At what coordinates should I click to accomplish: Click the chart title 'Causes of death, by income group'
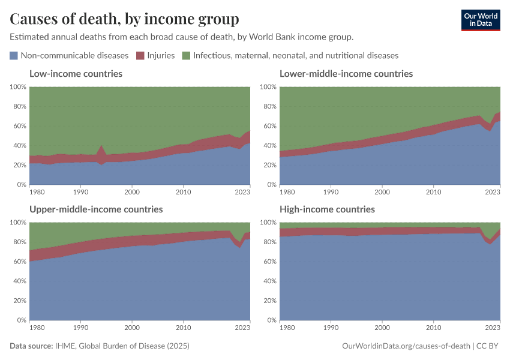pyautogui.click(x=124, y=19)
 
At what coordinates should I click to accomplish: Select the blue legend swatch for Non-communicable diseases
pyautogui.click(x=14, y=55)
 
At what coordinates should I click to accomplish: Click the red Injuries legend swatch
pyautogui.click(x=140, y=55)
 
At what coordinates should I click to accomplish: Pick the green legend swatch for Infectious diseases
pyautogui.click(x=186, y=55)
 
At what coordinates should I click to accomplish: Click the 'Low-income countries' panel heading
pyautogui.click(x=76, y=74)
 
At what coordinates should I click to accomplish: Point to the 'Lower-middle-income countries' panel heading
pyautogui.click(x=346, y=74)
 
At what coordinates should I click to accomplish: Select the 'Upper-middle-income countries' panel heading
pyautogui.click(x=96, y=209)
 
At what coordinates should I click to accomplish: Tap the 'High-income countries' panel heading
pyautogui.click(x=327, y=209)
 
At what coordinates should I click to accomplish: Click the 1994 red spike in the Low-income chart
pyautogui.click(x=101, y=150)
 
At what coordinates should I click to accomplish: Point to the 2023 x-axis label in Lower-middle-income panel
pyautogui.click(x=491, y=192)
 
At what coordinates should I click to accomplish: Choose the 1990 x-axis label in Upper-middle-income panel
pyautogui.click(x=80, y=328)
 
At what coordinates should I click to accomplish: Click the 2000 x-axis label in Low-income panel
pyautogui.click(x=131, y=192)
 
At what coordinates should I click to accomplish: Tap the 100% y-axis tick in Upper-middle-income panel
pyautogui.click(x=17, y=223)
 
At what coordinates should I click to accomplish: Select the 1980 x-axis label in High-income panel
pyautogui.click(x=288, y=328)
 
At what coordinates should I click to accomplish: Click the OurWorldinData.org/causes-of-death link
pyautogui.click(x=406, y=346)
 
